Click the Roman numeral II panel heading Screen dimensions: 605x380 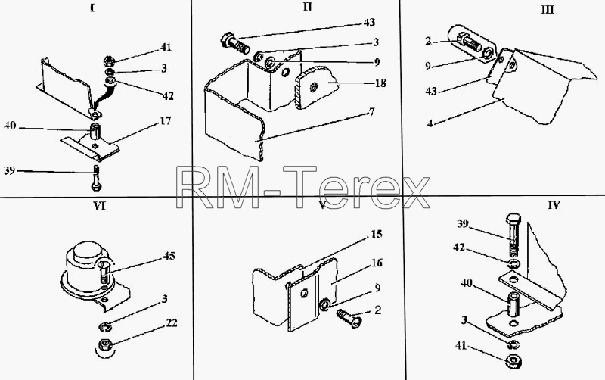click(307, 7)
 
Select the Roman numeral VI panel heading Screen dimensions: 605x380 click(100, 206)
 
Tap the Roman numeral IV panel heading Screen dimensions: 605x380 click(554, 205)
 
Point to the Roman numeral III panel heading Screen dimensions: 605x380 click(548, 10)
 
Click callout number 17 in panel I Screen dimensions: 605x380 click(165, 121)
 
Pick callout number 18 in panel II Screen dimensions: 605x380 click(380, 83)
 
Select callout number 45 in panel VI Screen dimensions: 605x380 click(169, 256)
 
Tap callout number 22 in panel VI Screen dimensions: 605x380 click(172, 322)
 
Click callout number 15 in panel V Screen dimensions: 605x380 click(376, 234)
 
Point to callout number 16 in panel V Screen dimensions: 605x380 click(377, 263)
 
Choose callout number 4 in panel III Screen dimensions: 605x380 click(430, 124)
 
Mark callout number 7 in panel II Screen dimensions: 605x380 click(371, 112)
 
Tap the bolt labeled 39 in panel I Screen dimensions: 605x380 click(96, 178)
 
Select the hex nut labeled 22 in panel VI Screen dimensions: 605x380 click(105, 344)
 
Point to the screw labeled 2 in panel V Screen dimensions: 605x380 click(349, 317)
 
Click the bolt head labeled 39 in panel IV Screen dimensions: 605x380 click(513, 220)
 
